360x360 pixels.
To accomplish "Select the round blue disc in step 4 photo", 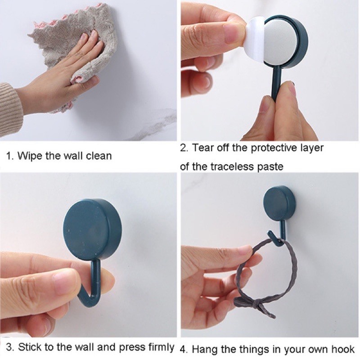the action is point(279,203).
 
